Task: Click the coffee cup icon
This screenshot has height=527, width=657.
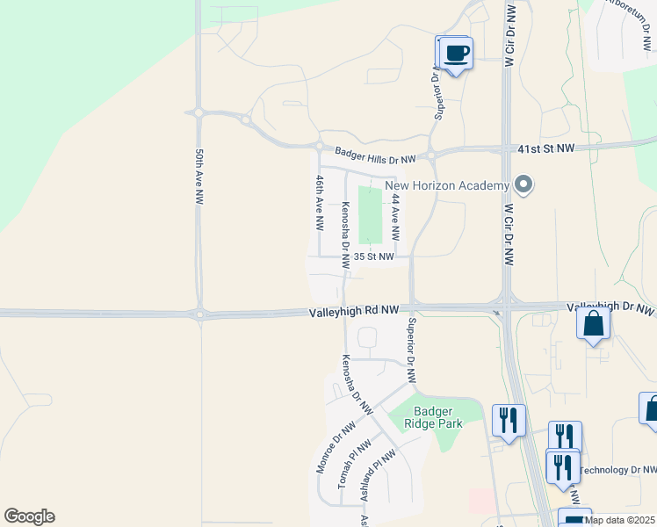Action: click(457, 53)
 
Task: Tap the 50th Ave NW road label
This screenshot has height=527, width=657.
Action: click(199, 177)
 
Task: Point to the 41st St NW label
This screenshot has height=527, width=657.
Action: click(545, 149)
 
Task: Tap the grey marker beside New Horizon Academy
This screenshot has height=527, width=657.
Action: click(524, 185)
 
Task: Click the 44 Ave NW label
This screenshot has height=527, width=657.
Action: click(395, 218)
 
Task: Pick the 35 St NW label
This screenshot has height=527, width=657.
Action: click(373, 256)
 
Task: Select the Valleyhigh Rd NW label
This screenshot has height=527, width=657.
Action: click(354, 312)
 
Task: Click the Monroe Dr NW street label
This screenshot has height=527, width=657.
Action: click(336, 447)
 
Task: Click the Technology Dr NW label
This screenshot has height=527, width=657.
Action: click(618, 471)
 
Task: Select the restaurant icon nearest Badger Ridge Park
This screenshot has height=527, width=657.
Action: click(509, 420)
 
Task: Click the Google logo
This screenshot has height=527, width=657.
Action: click(29, 516)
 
